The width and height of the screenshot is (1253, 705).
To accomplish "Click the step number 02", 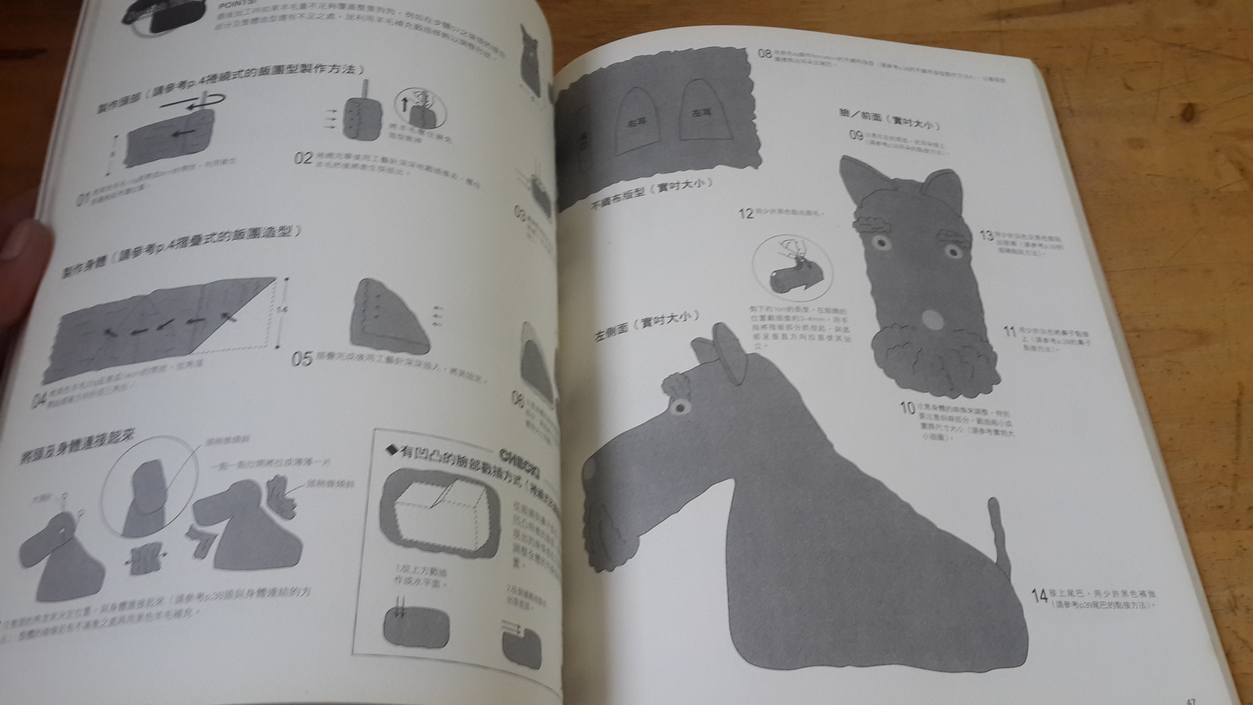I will pos(303,158).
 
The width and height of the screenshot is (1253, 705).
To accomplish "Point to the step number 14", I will pos(1039,595).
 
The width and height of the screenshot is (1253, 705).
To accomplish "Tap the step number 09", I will pos(856,135).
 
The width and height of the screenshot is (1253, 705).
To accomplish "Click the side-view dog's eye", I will pos(679,406).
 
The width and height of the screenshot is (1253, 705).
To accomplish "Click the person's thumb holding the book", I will pos(21,245).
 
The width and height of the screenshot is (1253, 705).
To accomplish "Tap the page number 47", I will pos(1189,699).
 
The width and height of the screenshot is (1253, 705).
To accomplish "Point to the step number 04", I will pos(40,401).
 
